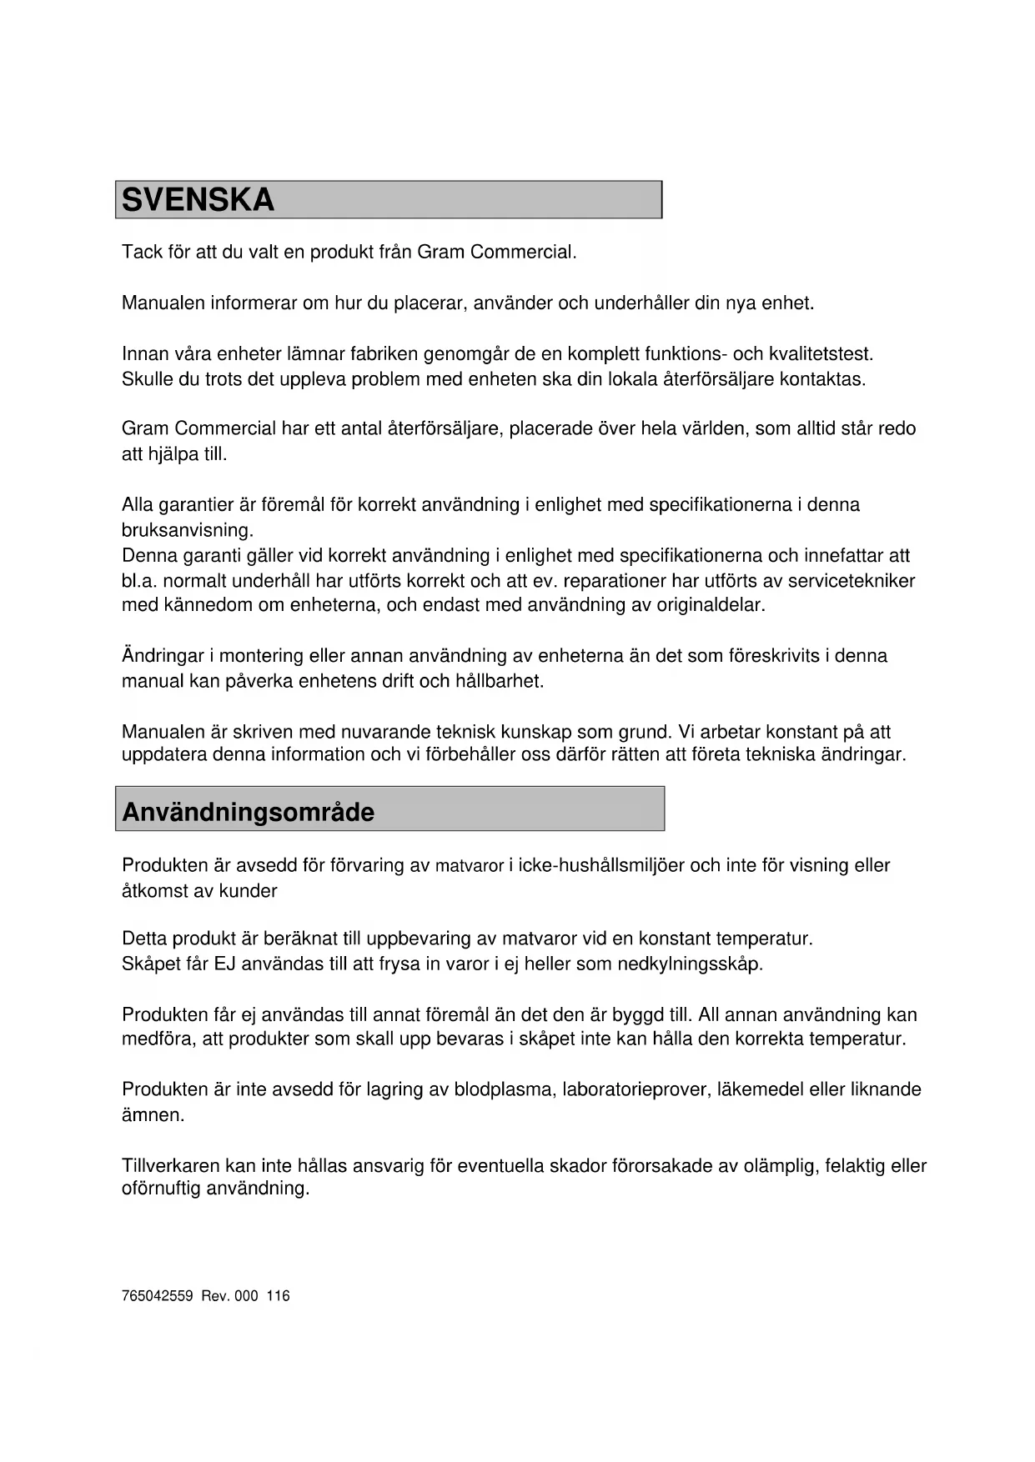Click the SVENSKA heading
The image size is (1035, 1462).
click(198, 200)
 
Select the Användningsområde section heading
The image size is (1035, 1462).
click(248, 812)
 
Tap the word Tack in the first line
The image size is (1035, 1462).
click(142, 252)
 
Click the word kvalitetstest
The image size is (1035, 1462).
click(821, 354)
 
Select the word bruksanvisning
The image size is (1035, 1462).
click(188, 530)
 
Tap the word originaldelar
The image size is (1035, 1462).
click(711, 605)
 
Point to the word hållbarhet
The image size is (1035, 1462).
click(500, 681)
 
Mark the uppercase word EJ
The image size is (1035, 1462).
click(224, 964)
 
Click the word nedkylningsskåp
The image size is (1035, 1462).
click(690, 964)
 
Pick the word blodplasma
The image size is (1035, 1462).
click(505, 1089)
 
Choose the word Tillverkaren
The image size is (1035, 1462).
click(171, 1166)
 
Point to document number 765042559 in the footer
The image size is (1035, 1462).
click(158, 1296)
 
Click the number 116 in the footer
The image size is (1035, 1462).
click(279, 1296)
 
